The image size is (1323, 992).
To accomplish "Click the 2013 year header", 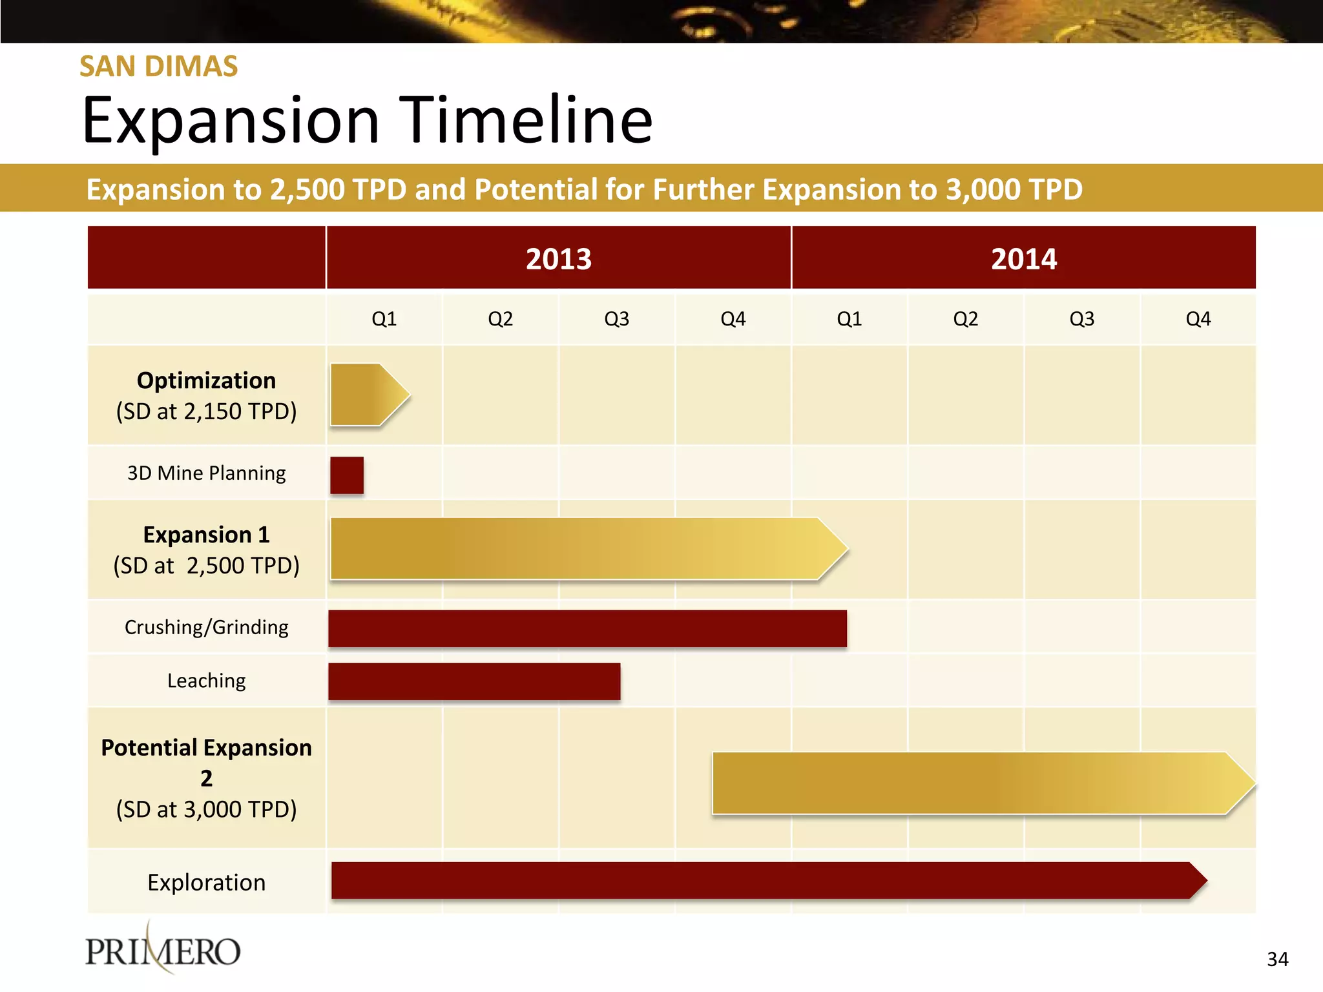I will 559,259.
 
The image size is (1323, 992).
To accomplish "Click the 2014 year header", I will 1024,259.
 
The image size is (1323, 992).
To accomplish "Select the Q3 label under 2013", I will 616,319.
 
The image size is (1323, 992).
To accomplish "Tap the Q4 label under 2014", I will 1198,319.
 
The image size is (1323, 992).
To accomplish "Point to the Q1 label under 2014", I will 849,319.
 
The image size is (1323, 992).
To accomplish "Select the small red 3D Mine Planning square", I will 347,475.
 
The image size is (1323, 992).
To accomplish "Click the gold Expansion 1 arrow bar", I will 581,548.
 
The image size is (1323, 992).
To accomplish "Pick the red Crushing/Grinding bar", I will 587,628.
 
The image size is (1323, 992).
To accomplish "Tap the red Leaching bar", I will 474,681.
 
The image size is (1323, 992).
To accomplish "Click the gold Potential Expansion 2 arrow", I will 975,783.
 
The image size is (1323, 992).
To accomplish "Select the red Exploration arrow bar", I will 762,880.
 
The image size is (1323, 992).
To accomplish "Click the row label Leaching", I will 206,681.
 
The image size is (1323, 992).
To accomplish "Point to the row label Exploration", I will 206,882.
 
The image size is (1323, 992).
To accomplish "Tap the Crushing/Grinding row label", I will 206,627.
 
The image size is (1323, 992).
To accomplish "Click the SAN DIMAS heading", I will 158,67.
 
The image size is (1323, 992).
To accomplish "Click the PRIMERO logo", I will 163,951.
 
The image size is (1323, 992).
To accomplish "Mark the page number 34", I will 1277,959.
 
